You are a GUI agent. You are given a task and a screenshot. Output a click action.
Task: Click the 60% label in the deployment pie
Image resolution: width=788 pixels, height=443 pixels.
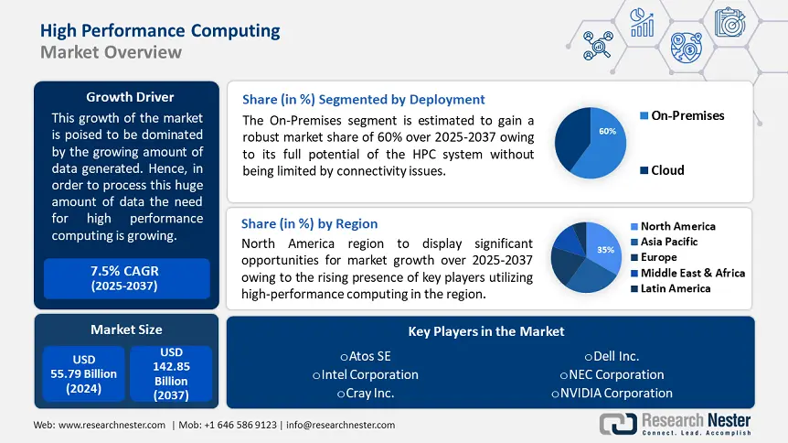pos(607,132)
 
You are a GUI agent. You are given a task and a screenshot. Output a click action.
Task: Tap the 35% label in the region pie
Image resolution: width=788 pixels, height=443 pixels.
pos(604,249)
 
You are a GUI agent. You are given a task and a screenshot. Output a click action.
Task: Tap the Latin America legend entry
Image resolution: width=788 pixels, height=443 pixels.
pos(676,288)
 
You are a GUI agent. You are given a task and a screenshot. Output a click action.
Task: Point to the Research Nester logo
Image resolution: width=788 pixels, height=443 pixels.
pos(675,423)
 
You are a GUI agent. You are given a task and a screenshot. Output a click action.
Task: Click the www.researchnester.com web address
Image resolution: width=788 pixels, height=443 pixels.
pos(113,425)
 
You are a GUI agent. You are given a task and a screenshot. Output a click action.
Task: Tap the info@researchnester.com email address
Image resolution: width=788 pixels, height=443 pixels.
pos(341,425)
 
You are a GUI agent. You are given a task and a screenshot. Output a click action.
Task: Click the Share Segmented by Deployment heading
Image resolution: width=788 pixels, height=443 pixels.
pos(363,99)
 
